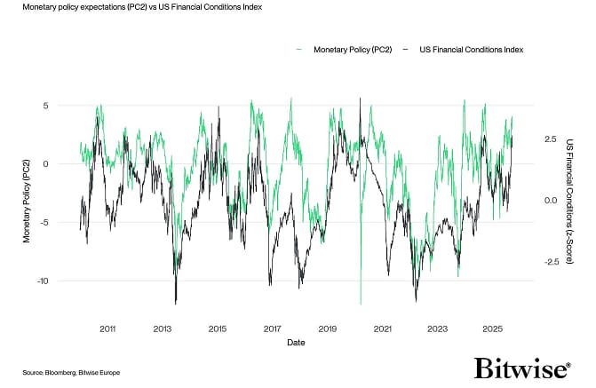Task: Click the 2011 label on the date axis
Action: pyautogui.click(x=107, y=329)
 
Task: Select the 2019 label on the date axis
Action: pyautogui.click(x=327, y=329)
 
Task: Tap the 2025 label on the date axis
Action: pyautogui.click(x=492, y=329)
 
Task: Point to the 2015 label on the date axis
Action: pyautogui.click(x=218, y=329)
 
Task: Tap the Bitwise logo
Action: pyautogui.click(x=520, y=368)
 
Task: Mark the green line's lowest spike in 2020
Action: pyautogui.click(x=361, y=304)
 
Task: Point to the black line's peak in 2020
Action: pyautogui.click(x=360, y=99)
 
